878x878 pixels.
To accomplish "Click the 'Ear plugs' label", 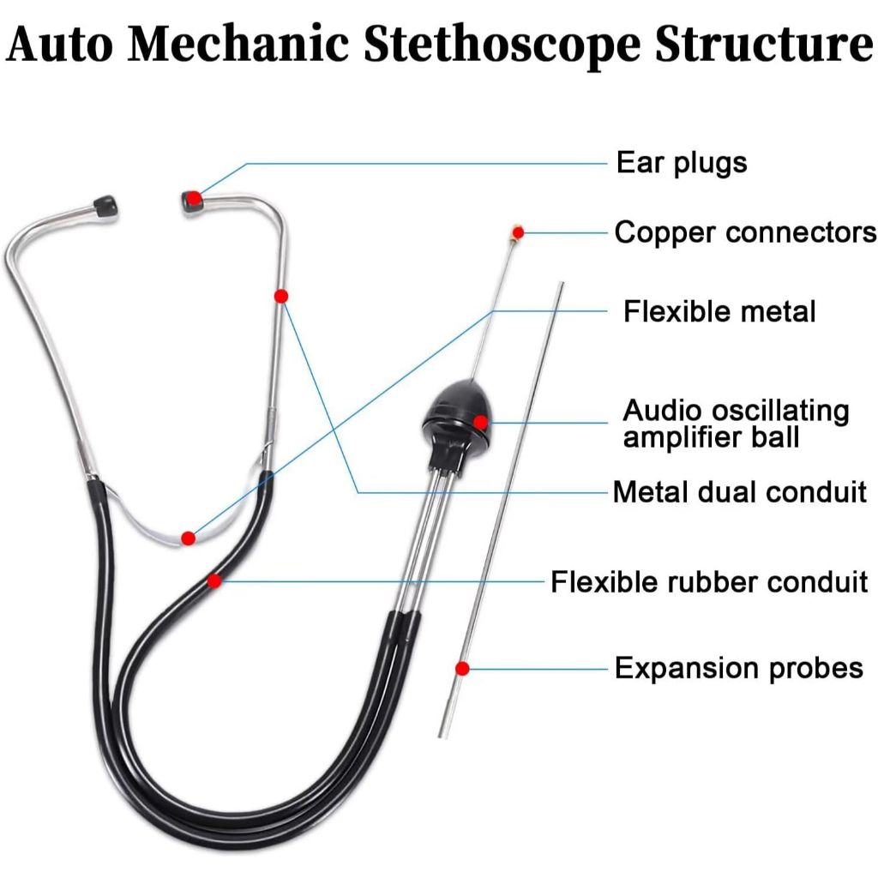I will click(682, 163).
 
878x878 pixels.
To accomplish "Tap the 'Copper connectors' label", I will click(745, 232).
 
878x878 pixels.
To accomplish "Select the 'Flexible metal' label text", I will click(719, 311).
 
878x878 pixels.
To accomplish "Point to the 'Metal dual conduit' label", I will click(739, 492).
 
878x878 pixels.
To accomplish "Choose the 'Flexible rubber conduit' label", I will click(709, 582).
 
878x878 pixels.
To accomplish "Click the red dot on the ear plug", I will click(195, 199).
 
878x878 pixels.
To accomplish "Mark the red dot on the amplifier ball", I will click(480, 421).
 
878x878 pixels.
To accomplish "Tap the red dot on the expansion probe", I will click(462, 669).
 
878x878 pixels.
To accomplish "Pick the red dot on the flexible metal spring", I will click(189, 538).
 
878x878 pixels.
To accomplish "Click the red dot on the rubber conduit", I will click(214, 580).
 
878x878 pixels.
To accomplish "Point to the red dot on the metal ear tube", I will click(280, 296).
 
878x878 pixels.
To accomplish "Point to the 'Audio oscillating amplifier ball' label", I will click(736, 424).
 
